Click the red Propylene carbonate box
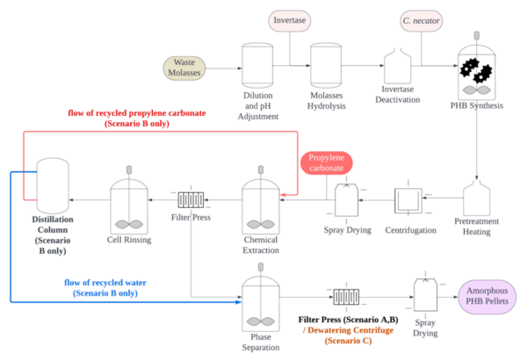pos(326,162)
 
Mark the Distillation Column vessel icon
pos(51,183)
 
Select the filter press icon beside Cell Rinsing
pos(191,199)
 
